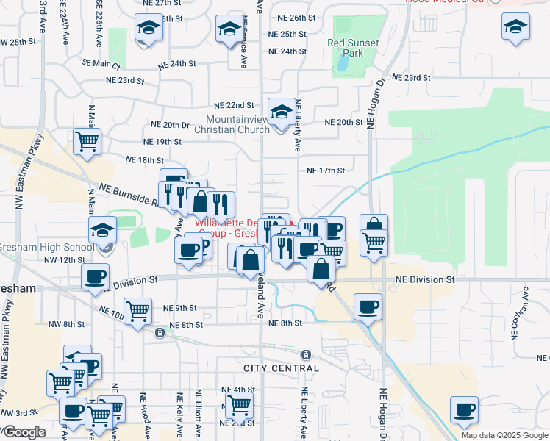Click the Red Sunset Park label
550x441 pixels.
[x=354, y=49]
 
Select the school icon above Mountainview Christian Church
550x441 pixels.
[x=280, y=112]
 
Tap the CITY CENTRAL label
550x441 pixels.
[x=282, y=367]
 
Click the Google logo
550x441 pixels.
[x=24, y=432]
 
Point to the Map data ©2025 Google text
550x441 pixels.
[x=504, y=435]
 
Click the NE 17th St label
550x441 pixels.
[x=326, y=171]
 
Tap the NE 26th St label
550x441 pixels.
[x=296, y=17]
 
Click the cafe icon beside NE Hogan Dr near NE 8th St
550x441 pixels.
[x=368, y=306]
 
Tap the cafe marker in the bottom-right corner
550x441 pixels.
[x=464, y=409]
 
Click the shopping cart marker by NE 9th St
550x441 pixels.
[x=137, y=312]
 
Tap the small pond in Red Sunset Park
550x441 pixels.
[x=343, y=65]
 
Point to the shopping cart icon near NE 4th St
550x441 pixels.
[x=239, y=404]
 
